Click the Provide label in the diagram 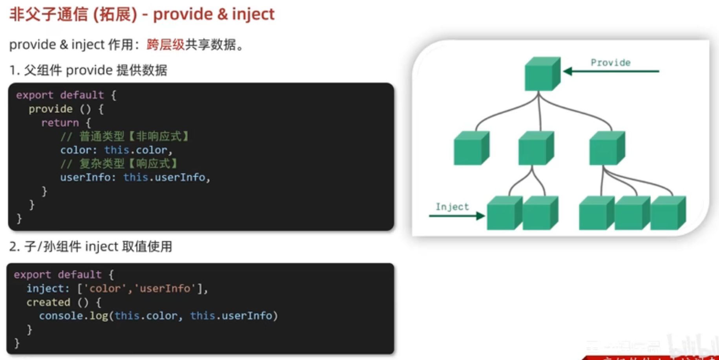(610, 63)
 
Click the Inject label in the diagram (452, 207)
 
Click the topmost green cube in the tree (542, 74)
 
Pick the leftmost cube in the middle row (471, 148)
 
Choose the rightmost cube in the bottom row (668, 213)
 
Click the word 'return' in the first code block (60, 123)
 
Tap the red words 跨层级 (165, 45)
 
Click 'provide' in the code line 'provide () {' (50, 109)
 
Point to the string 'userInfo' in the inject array (164, 289)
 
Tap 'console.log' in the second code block (73, 316)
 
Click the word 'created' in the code (48, 302)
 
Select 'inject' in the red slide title (253, 15)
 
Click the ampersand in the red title (222, 15)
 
